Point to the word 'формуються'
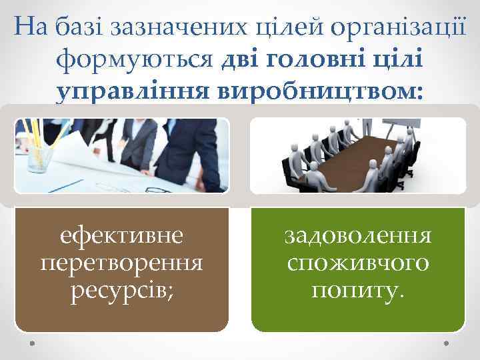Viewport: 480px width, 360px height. click(136, 61)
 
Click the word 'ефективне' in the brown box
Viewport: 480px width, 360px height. click(122, 235)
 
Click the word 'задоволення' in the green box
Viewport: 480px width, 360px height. click(358, 235)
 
